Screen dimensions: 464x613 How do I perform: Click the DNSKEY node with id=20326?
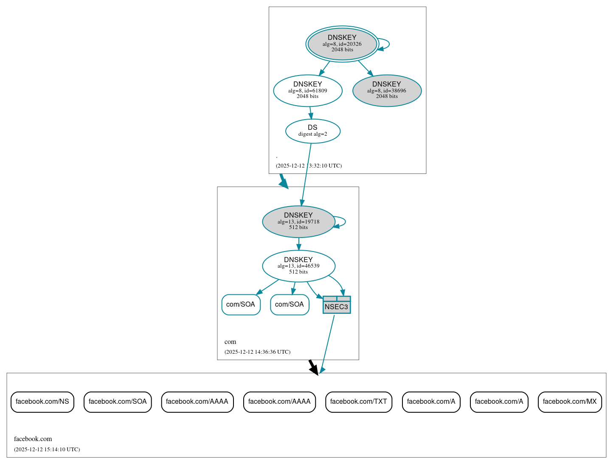coord(342,44)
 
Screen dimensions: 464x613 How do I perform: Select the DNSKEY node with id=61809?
coord(308,90)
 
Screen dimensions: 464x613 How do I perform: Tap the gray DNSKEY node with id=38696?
coord(387,90)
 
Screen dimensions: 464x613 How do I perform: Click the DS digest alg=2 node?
coord(313,131)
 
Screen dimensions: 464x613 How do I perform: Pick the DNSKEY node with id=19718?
coord(298,221)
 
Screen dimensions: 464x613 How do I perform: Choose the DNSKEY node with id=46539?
coord(298,266)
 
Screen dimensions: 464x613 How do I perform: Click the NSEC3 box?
coord(337,305)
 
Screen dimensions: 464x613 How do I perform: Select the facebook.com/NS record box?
coord(42,402)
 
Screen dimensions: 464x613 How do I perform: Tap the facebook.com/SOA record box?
coord(118,402)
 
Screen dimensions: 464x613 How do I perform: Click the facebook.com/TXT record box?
coord(359,402)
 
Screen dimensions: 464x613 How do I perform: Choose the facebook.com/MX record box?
coord(570,402)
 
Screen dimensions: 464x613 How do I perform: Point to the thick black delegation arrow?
coord(313,367)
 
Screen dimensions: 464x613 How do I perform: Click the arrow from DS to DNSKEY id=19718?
coord(306,174)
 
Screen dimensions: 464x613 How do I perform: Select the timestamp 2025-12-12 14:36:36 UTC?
coord(257,352)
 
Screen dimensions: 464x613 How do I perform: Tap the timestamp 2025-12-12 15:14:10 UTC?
coord(47,450)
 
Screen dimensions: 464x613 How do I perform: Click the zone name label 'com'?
coord(230,342)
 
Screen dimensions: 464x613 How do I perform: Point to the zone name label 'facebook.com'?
coord(33,439)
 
